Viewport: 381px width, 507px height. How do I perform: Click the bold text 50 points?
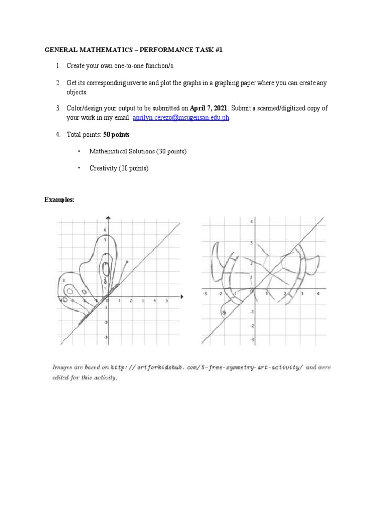point(117,135)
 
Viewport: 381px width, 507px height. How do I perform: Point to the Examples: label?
point(60,199)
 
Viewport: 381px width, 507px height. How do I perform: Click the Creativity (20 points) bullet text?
point(119,168)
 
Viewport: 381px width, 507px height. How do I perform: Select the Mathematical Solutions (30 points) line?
point(137,152)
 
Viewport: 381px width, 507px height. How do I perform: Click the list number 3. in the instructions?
point(58,108)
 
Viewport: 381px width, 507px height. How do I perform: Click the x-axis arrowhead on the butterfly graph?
point(182,297)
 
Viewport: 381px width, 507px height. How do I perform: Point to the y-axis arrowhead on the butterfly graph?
point(108,218)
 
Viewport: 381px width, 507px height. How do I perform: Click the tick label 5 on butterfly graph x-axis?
point(166,301)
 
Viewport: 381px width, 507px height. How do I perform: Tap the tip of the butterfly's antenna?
point(128,261)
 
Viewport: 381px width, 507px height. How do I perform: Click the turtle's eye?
point(224,312)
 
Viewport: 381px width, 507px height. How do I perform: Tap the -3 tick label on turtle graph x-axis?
point(205,293)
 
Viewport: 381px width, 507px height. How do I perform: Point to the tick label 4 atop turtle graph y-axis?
point(251,222)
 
